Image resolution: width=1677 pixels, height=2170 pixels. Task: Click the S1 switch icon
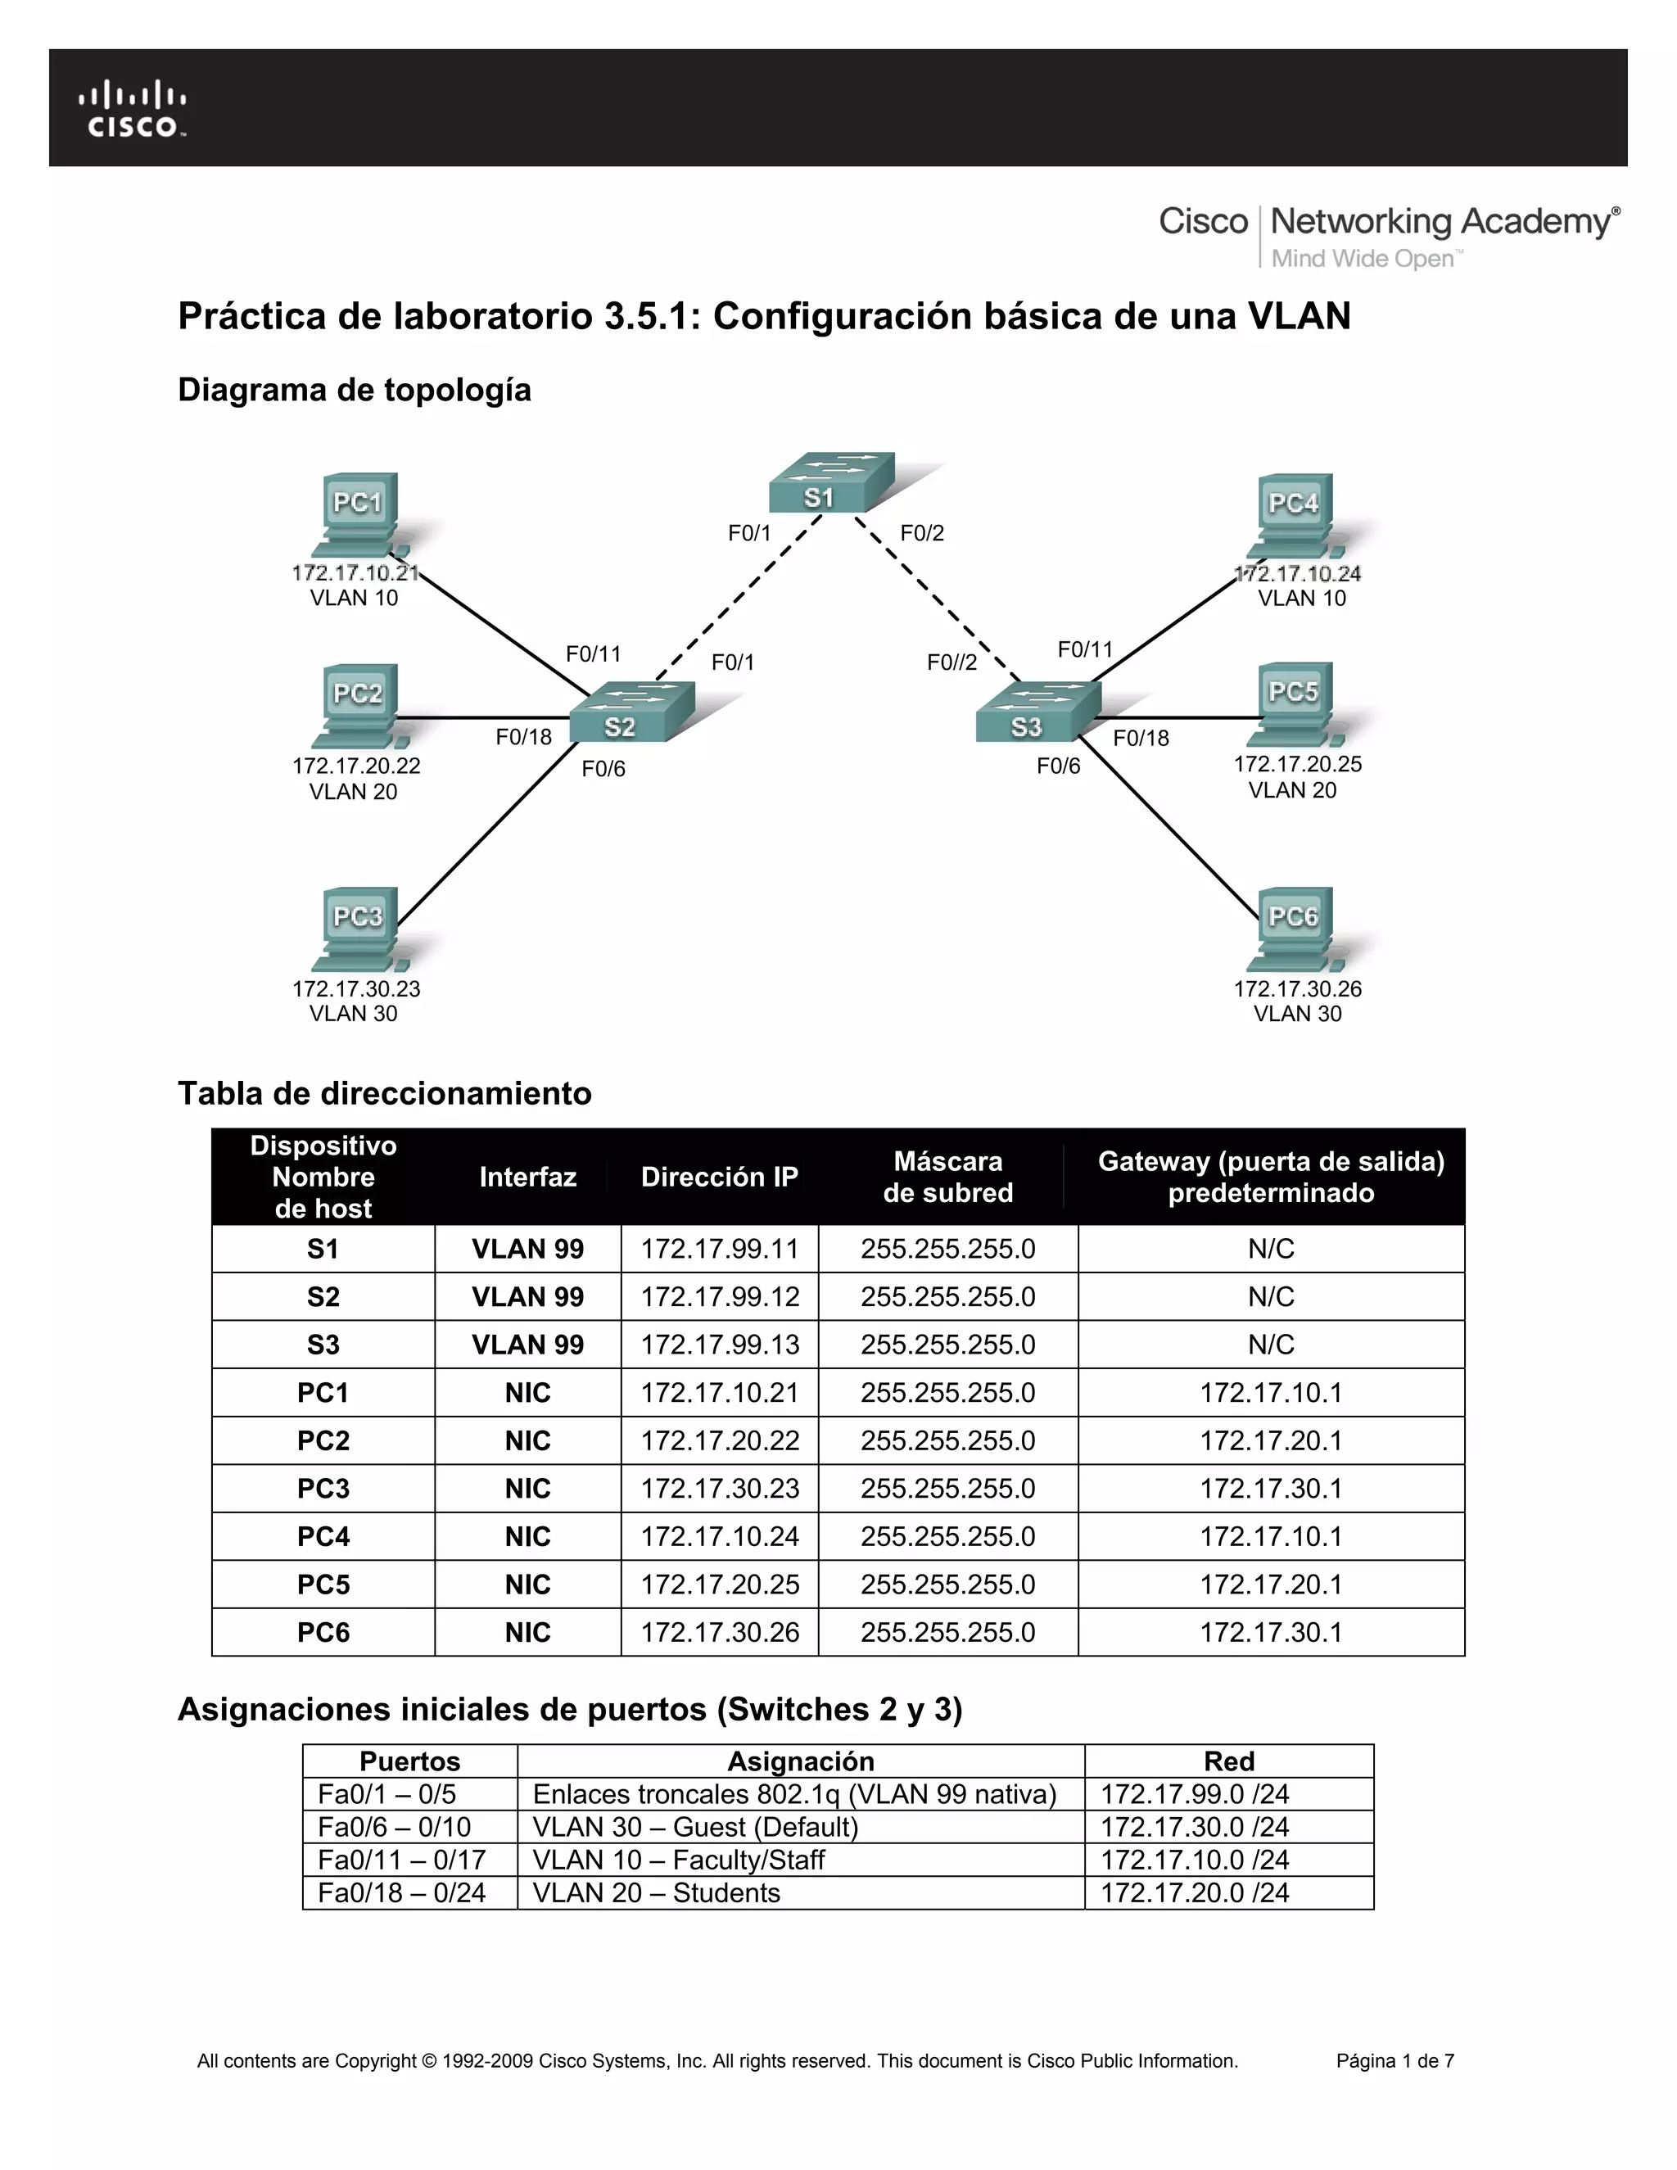click(830, 484)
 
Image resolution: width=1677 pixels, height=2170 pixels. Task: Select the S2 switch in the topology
click(632, 712)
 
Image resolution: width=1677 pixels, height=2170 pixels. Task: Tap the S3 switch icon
click(1038, 712)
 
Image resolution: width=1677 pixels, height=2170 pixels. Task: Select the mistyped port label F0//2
click(952, 662)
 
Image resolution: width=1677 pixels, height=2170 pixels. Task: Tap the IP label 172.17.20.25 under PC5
click(1298, 764)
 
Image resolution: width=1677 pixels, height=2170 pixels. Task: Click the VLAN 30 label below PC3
click(353, 1014)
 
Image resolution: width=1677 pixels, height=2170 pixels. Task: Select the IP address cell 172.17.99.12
click(719, 1296)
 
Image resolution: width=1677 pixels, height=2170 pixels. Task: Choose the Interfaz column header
click(527, 1178)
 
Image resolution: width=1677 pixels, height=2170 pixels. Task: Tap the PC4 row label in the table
click(323, 1536)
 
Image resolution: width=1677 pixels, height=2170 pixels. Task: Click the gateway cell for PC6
click(1271, 1633)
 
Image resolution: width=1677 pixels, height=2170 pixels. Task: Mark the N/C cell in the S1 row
click(1271, 1249)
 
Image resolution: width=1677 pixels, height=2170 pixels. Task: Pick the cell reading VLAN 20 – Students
click(656, 1892)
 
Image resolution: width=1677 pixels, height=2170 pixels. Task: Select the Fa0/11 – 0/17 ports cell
click(401, 1860)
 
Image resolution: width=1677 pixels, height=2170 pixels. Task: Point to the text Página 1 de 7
click(1394, 2061)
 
